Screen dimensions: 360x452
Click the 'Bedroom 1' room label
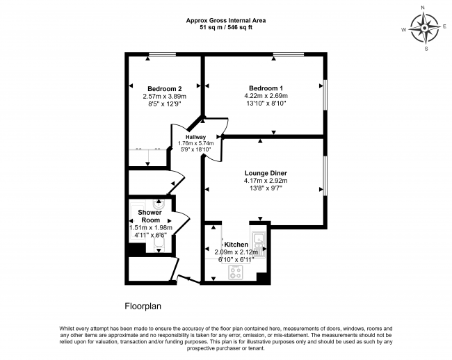tap(266, 88)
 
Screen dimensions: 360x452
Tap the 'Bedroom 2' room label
tap(165, 88)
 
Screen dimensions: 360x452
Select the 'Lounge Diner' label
tap(266, 172)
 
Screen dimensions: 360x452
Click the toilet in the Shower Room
tap(158, 205)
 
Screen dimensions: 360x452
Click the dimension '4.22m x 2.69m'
tap(266, 96)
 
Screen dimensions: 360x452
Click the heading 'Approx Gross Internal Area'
tap(225, 20)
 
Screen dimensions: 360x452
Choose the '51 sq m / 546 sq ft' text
tap(225, 28)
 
